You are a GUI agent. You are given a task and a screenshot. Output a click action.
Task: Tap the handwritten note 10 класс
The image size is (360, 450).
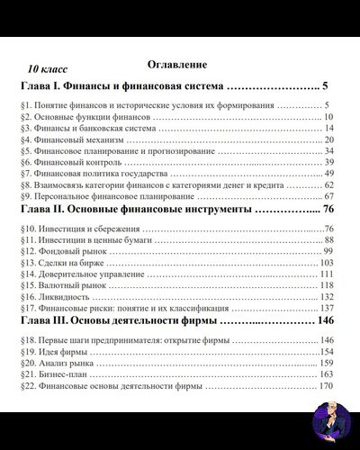46,68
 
